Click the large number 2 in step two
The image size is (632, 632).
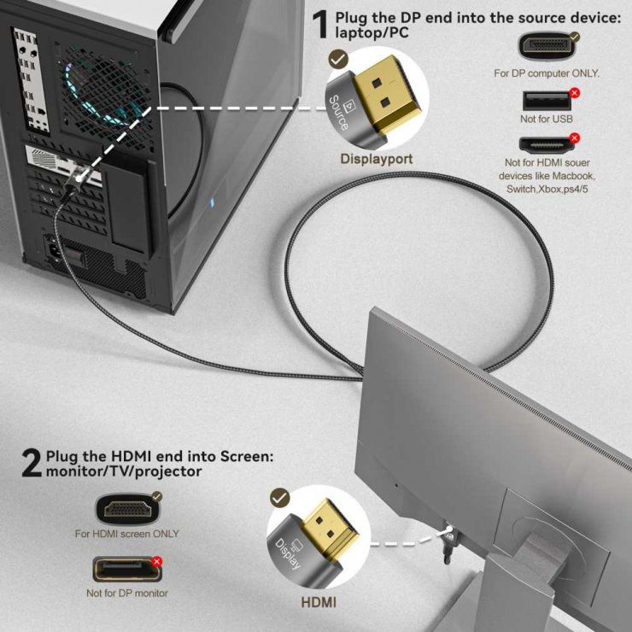(x=31, y=463)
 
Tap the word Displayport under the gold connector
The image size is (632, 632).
(x=377, y=159)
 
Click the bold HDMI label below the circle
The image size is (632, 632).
(x=319, y=602)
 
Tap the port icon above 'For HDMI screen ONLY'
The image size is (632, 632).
(x=126, y=510)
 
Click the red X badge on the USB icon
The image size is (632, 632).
(x=574, y=92)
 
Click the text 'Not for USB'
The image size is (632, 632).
(x=547, y=119)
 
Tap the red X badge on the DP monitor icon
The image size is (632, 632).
(x=156, y=561)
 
